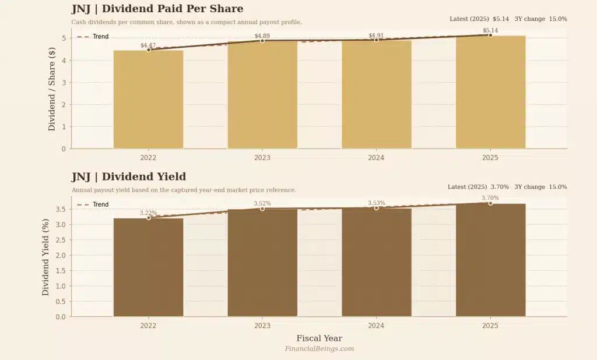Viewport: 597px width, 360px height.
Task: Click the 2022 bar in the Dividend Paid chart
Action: click(148, 99)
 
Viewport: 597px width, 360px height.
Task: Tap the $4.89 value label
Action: click(262, 36)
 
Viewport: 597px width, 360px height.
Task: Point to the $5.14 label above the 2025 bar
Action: click(490, 30)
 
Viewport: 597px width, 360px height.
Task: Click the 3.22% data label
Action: click(148, 213)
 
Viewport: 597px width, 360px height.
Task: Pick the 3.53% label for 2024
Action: click(376, 203)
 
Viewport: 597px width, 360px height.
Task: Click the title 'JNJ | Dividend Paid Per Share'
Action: click(157, 9)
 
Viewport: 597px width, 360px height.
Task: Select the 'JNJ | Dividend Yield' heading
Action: click(129, 177)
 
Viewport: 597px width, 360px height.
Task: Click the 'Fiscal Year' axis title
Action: click(319, 338)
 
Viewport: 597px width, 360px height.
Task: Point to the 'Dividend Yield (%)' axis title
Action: click(45, 257)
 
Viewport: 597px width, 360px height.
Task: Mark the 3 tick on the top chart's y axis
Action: click(63, 83)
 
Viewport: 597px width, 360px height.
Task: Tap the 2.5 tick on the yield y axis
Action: click(61, 240)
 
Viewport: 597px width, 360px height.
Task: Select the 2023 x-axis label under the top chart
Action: click(262, 157)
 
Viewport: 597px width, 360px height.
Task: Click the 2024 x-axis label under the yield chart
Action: click(376, 326)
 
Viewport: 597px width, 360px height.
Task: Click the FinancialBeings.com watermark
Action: click(319, 349)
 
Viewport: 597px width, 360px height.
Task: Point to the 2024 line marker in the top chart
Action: click(376, 40)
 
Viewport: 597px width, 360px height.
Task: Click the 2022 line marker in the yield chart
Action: click(148, 218)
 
